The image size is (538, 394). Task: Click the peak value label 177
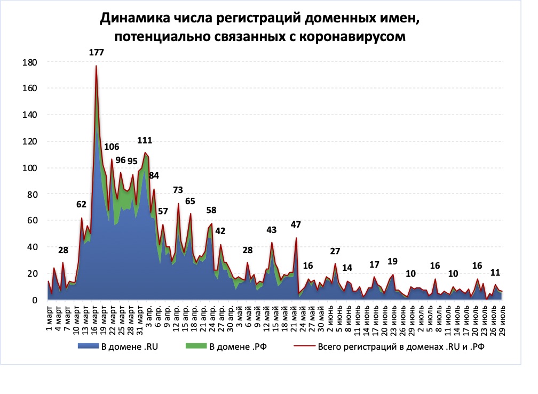[x=96, y=52]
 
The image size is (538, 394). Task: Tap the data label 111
[x=145, y=141]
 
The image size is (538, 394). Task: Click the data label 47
[x=296, y=224]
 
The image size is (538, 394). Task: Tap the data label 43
[x=272, y=230]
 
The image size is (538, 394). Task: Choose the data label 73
[x=178, y=190]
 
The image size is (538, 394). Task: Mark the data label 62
[x=81, y=204]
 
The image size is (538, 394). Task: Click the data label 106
[x=112, y=147]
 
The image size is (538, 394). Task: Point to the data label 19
[x=392, y=261]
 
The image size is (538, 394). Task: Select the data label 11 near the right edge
[x=495, y=272]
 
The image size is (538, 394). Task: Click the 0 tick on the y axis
[x=33, y=300]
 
